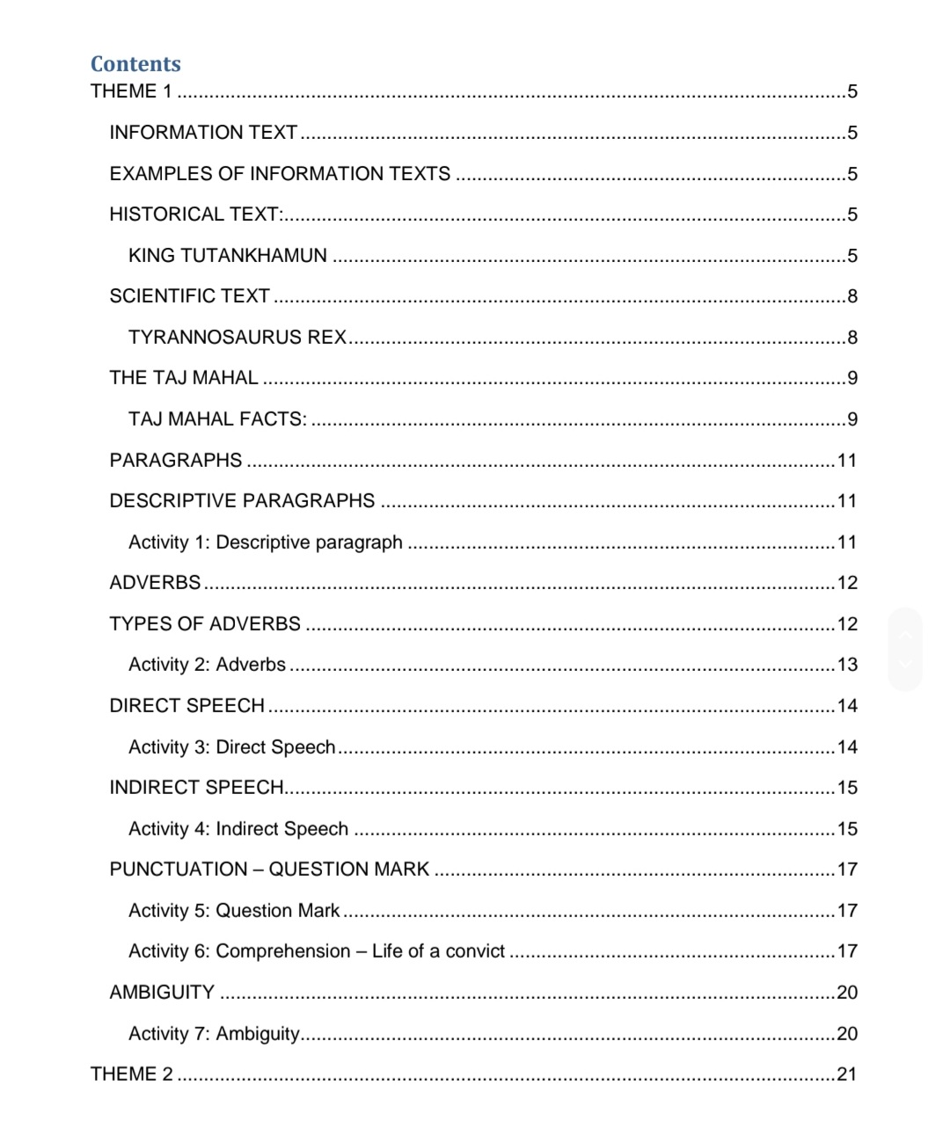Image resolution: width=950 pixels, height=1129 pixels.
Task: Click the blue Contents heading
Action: (135, 64)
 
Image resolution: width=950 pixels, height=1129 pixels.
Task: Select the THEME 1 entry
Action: (131, 91)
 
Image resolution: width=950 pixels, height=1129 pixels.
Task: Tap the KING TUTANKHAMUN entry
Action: (227, 256)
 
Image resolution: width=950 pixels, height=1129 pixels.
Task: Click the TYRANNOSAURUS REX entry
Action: (237, 338)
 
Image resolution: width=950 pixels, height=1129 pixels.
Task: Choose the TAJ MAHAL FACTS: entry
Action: (217, 419)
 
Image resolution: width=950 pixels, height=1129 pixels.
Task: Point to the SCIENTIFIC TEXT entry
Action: (189, 296)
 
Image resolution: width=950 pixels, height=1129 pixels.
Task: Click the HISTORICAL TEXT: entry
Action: (195, 215)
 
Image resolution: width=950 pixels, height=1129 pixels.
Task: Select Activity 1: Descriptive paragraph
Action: (265, 543)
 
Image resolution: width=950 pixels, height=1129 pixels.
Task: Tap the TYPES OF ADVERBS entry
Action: (205, 624)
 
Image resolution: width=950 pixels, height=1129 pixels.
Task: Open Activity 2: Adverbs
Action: (207, 665)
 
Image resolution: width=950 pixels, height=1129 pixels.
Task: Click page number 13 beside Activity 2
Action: (847, 665)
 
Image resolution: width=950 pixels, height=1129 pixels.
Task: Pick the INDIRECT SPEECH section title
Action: (196, 788)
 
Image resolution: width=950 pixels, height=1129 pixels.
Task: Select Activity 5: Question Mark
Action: (233, 911)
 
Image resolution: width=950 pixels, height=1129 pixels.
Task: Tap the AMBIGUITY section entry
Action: (162, 993)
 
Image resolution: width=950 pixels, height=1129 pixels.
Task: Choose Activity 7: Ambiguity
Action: (214, 1034)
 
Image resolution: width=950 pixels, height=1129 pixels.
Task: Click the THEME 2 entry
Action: (132, 1074)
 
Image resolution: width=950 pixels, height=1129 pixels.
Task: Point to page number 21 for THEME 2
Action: (846, 1074)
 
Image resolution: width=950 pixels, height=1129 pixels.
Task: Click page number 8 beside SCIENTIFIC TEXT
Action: (851, 296)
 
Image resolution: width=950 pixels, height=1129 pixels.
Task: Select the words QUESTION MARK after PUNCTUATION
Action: (348, 870)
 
